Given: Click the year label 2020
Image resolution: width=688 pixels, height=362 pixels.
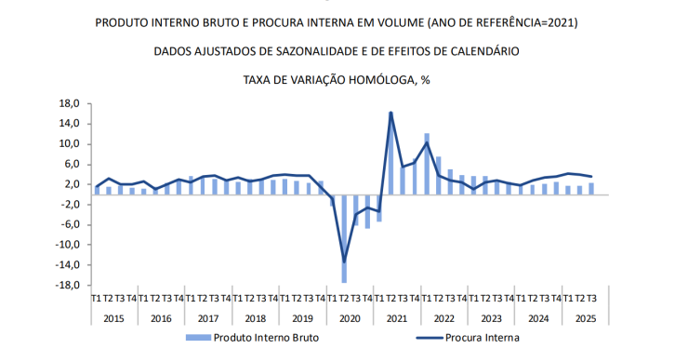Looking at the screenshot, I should coord(351,317).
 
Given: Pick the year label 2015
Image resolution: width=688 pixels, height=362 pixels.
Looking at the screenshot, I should coord(113,317).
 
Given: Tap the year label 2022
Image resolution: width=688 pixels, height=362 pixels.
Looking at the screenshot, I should coord(444,317).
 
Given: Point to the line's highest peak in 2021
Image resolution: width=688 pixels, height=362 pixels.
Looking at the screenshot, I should coord(391,113).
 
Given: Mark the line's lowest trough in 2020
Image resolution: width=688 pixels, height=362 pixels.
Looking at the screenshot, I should coord(345,261).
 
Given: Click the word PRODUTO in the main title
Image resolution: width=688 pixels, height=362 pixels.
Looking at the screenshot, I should coord(125,21).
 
